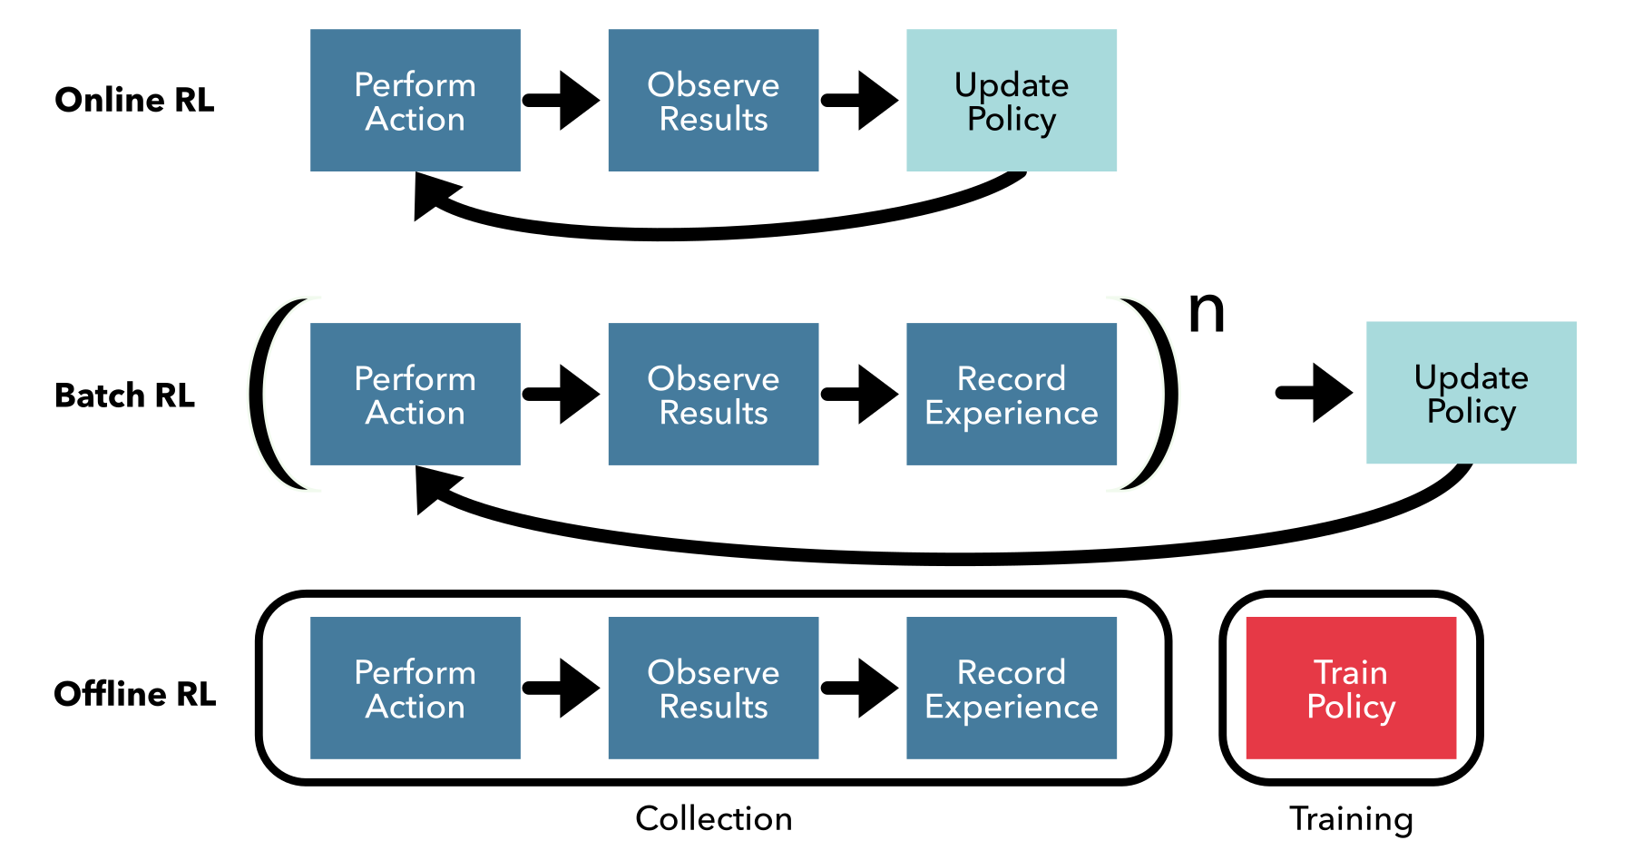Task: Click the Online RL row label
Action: click(134, 100)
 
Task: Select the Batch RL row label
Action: click(124, 396)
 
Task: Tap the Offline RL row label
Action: click(134, 694)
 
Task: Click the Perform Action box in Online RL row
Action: click(415, 101)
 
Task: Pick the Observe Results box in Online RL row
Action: click(713, 101)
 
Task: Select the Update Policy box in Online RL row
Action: click(1011, 101)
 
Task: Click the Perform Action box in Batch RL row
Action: click(415, 395)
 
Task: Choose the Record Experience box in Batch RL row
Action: click(1011, 395)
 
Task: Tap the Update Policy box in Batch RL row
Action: click(1471, 393)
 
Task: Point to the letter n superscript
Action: click(1207, 312)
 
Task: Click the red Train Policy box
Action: click(1351, 689)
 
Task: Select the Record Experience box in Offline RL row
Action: click(1011, 689)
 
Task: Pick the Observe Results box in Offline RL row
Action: click(713, 689)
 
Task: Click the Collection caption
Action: click(713, 818)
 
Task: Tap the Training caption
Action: click(1351, 819)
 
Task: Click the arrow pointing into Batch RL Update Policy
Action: click(1315, 393)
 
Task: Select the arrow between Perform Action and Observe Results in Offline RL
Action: click(562, 689)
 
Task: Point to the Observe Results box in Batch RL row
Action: click(713, 395)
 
